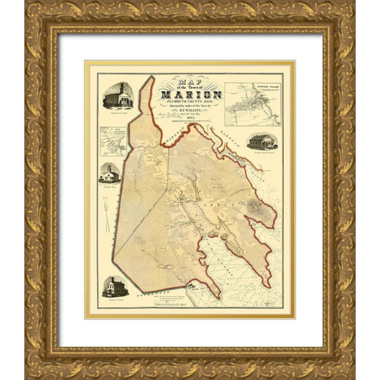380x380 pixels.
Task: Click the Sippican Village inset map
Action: click(252, 104)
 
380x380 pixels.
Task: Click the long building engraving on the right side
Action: click(262, 141)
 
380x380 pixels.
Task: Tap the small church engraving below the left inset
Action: click(110, 173)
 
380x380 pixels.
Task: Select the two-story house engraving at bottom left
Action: click(115, 287)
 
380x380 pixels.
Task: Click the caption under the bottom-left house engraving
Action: click(115, 300)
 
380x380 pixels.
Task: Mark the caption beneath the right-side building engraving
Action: click(262, 153)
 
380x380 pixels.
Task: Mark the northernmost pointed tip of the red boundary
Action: click(151, 76)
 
